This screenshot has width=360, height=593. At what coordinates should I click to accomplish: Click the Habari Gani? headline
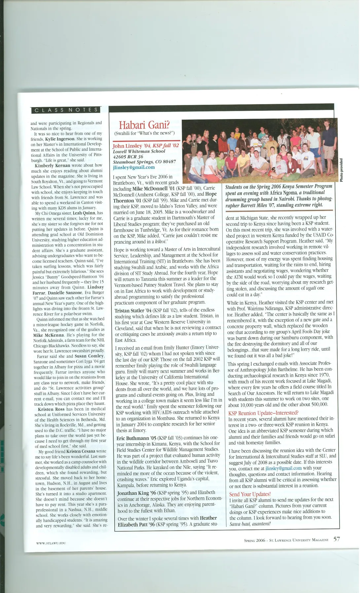tap(144, 125)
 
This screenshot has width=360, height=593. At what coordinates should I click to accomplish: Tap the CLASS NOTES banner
tap(66, 110)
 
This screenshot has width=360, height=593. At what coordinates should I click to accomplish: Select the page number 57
tap(336, 539)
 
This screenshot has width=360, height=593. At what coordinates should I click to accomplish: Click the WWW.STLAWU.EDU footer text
tap(51, 543)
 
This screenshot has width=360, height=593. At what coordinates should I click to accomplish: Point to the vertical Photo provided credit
tap(341, 170)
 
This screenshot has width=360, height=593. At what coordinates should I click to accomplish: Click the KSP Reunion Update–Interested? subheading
tap(263, 413)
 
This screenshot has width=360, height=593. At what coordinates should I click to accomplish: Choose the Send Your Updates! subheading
tap(250, 494)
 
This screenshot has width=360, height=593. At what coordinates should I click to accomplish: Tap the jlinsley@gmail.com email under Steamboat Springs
tap(134, 167)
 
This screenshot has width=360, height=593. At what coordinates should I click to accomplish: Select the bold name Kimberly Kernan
tap(52, 165)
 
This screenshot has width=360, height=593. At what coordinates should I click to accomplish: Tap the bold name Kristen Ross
tap(51, 409)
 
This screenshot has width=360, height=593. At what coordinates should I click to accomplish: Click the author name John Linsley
tap(127, 146)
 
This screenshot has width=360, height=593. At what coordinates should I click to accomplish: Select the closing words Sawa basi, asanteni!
tap(250, 524)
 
